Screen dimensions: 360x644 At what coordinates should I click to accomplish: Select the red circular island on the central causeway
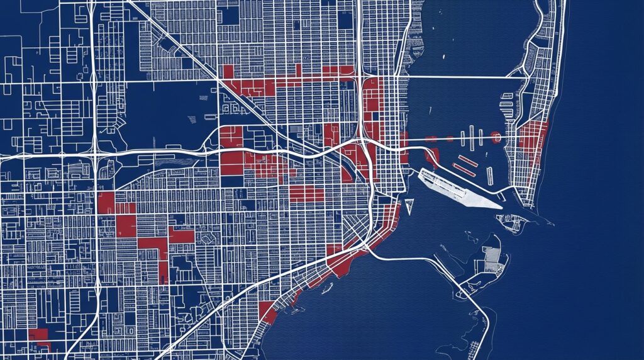click(x=496, y=135)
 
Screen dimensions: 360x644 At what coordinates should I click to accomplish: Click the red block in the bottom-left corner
click(x=39, y=336)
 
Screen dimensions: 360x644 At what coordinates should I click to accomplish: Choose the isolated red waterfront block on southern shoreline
click(x=267, y=312)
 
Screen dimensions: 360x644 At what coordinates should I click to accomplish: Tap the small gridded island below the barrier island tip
click(x=511, y=222)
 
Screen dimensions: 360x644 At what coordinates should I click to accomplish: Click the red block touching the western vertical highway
click(x=106, y=203)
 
